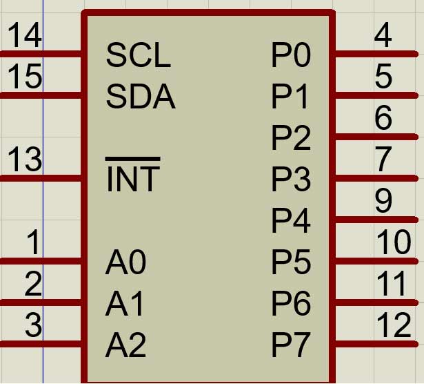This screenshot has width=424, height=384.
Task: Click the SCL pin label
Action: click(138, 55)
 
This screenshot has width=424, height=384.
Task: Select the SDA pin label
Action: click(140, 97)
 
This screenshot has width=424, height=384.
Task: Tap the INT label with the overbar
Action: click(132, 179)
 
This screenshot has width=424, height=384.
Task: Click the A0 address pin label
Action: click(125, 262)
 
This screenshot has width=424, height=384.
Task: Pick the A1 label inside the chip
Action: click(125, 303)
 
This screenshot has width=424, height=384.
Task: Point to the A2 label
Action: click(125, 345)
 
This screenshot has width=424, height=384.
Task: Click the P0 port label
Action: click(291, 56)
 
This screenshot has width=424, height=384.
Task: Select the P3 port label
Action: click(291, 180)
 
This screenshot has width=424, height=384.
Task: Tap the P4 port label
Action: click(291, 221)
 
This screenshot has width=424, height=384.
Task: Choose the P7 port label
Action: click(291, 345)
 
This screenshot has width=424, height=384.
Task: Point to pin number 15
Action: click(24, 77)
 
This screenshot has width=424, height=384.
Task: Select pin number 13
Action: click(24, 160)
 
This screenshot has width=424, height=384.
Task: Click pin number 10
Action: click(394, 242)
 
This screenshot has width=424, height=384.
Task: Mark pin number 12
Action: click(394, 325)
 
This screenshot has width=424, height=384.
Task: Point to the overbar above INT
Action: click(132, 160)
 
